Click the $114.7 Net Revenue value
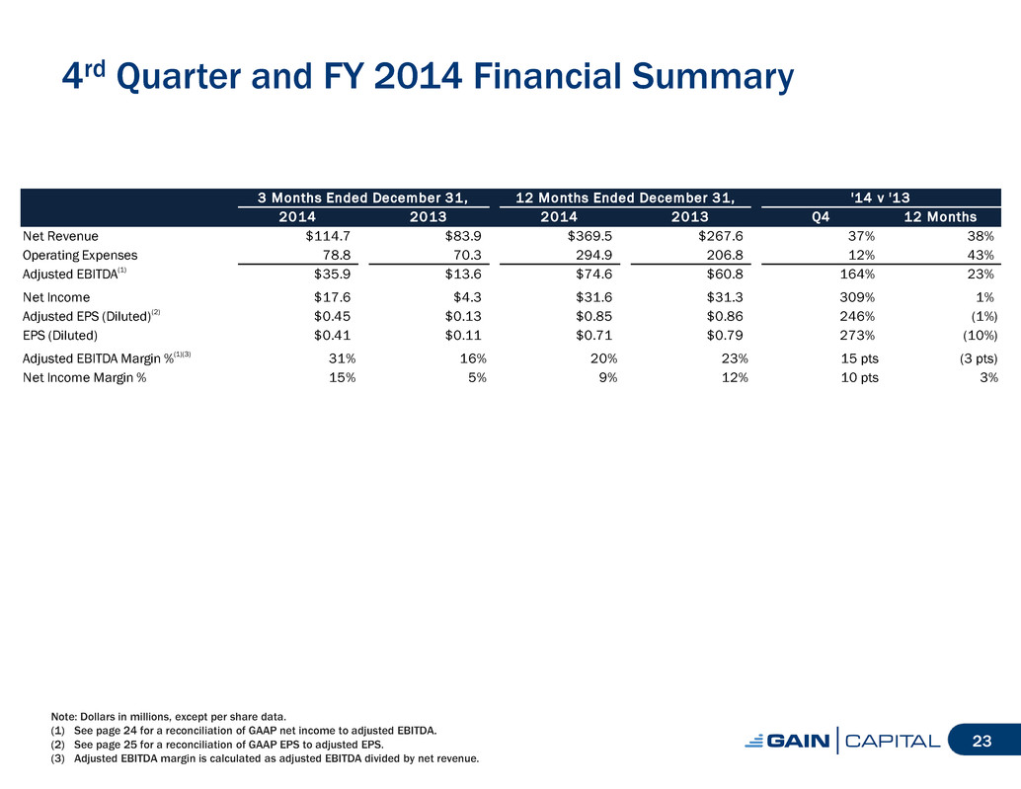pos(328,236)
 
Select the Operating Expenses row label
pos(80,255)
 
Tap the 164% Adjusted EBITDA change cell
pos(857,275)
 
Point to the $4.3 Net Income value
pos(467,297)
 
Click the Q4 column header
pos(821,217)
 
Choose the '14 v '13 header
pos(881,197)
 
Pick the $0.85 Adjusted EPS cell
pos(593,316)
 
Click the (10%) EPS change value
pos(980,336)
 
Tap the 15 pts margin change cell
pos(859,358)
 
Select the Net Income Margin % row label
pos(85,377)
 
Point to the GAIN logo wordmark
pos(788,741)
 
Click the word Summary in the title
pos(713,77)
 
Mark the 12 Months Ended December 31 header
pos(625,197)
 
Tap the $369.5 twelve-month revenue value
pos(589,236)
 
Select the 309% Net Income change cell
pos(857,297)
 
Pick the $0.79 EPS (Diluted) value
pos(725,336)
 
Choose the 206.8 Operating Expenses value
pos(725,255)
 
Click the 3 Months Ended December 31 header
pos(363,197)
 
